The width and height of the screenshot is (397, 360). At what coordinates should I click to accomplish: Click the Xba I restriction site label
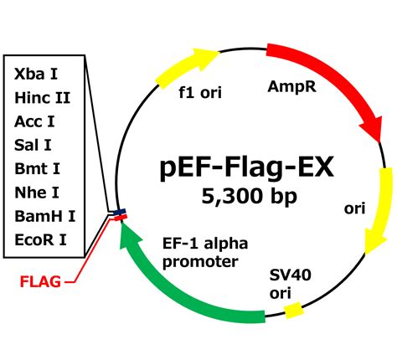pyautogui.click(x=36, y=74)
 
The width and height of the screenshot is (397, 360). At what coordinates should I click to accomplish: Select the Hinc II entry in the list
pyautogui.click(x=42, y=98)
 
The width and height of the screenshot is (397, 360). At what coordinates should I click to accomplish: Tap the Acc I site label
pyautogui.click(x=35, y=122)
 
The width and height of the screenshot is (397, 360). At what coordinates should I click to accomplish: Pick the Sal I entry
pyautogui.click(x=34, y=146)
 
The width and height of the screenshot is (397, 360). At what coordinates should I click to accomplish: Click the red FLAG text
pyautogui.click(x=40, y=281)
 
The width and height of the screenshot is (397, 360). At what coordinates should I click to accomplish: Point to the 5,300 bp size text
pyautogui.click(x=248, y=198)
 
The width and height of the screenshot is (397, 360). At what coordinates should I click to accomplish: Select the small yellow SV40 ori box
pyautogui.click(x=292, y=311)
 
